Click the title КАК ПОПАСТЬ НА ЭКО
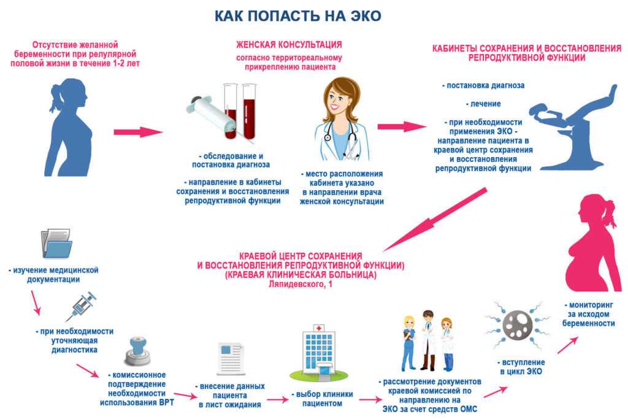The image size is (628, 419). click(297, 15)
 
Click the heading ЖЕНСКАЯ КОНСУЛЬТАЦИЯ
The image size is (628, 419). click(289, 44)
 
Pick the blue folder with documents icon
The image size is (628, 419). click(56, 243)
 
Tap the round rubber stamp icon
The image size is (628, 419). click(137, 352)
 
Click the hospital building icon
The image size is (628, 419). click(318, 353)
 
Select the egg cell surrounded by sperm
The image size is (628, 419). click(518, 325)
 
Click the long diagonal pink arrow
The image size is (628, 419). click(435, 220)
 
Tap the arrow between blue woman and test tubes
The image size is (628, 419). click(138, 132)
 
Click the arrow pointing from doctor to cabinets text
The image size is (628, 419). click(402, 126)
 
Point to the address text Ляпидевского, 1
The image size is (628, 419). click(301, 285)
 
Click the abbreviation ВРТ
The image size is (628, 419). click(166, 402)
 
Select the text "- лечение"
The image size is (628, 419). click(483, 104)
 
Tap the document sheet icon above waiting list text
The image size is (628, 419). click(231, 358)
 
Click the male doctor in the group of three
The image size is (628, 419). click(427, 340)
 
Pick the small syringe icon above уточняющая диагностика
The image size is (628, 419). click(82, 307)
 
